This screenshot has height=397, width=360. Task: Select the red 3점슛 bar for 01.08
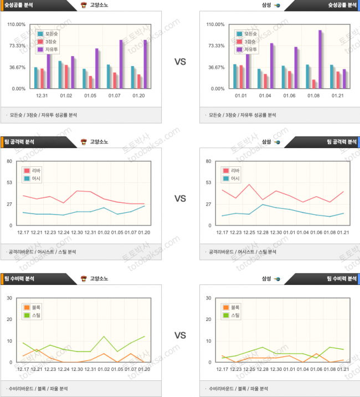pos(314,84)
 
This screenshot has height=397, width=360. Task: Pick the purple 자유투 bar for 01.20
pos(145,64)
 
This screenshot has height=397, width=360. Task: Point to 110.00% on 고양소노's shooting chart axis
pos(17,24)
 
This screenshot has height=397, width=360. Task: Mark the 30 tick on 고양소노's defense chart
pos(9,298)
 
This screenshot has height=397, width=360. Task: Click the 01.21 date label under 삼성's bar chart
pos(338,96)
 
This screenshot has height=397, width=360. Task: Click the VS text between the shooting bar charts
pos(180,62)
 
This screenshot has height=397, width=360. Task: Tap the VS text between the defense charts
pos(180,335)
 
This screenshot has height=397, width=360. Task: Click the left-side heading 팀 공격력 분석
pos(19,142)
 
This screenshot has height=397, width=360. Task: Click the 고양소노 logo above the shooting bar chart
pos(83,5)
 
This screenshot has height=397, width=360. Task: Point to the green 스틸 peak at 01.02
pos(104,337)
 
